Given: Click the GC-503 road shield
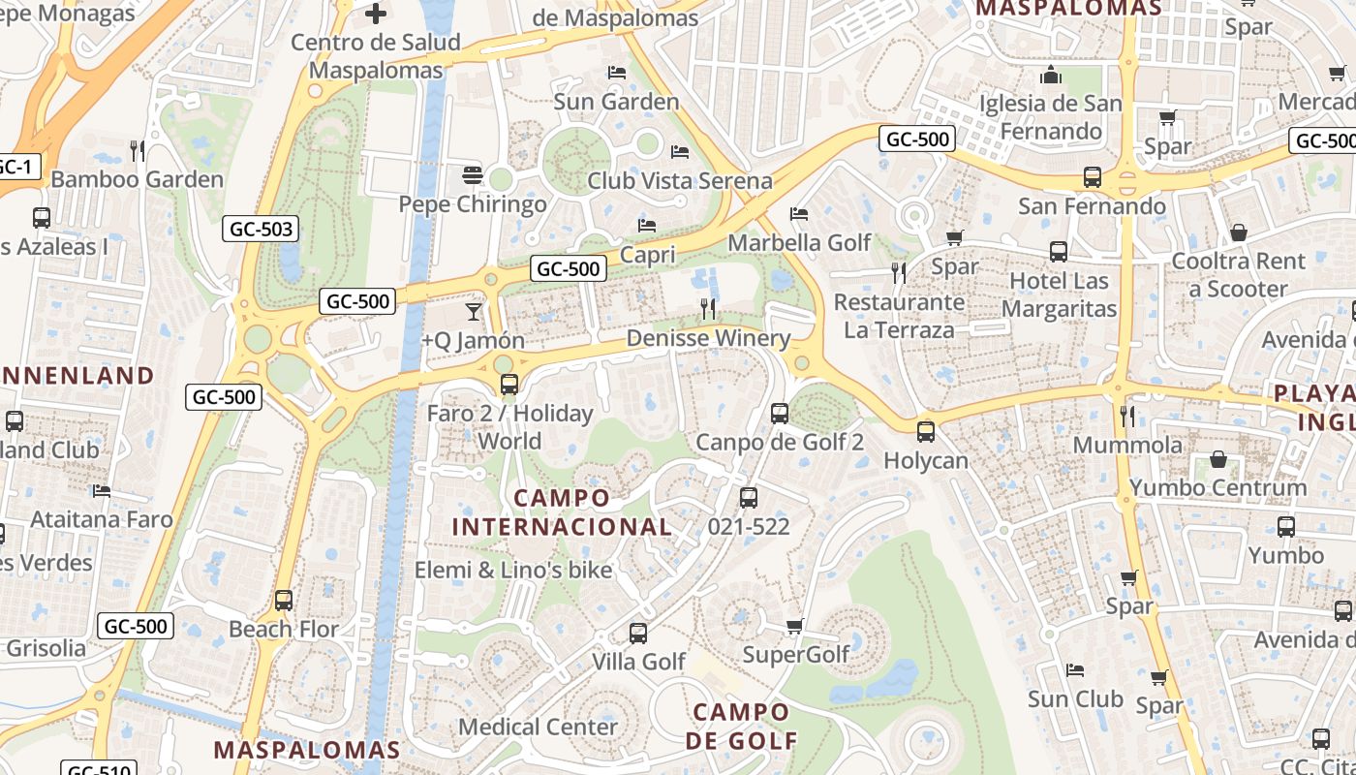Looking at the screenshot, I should tap(261, 230).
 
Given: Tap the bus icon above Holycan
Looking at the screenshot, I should tap(926, 432).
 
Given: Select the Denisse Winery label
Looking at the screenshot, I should tap(708, 338).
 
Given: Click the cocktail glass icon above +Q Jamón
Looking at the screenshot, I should tap(473, 311).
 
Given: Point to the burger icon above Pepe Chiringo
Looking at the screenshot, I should tap(473, 175).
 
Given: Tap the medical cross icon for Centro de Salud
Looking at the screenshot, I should tap(376, 14).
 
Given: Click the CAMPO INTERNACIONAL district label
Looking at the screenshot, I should tap(562, 512).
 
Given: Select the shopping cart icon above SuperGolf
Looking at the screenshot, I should tap(794, 627).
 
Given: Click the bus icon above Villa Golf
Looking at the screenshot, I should tap(638, 634).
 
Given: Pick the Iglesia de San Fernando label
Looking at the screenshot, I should tap(1051, 117).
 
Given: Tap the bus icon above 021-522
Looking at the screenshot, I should tap(749, 498).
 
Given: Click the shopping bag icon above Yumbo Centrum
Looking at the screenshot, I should tap(1217, 459).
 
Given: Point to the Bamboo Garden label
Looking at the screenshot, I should tap(137, 179).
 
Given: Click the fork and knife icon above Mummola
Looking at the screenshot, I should tap(1127, 417).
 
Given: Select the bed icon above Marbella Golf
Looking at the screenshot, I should tap(799, 214).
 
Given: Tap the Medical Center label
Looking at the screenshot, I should tap(538, 727).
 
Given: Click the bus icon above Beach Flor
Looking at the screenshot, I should tap(284, 600).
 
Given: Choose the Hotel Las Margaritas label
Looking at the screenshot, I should tap(1059, 294).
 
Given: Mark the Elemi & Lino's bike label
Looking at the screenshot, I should tap(513, 570).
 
